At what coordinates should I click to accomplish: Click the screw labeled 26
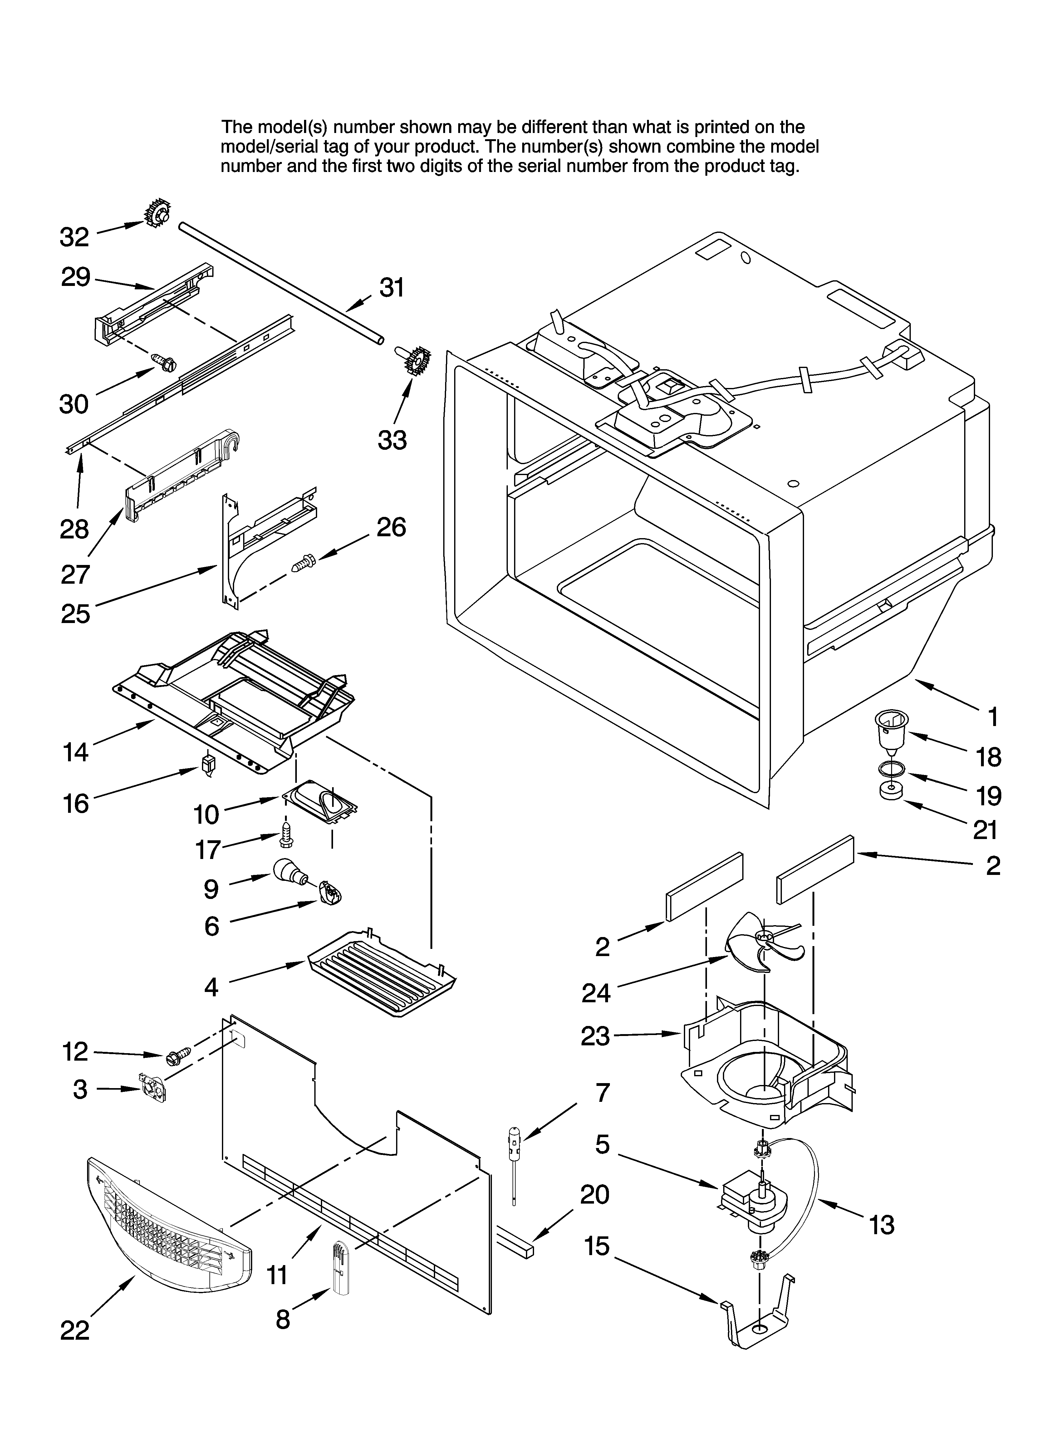click(x=305, y=562)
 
